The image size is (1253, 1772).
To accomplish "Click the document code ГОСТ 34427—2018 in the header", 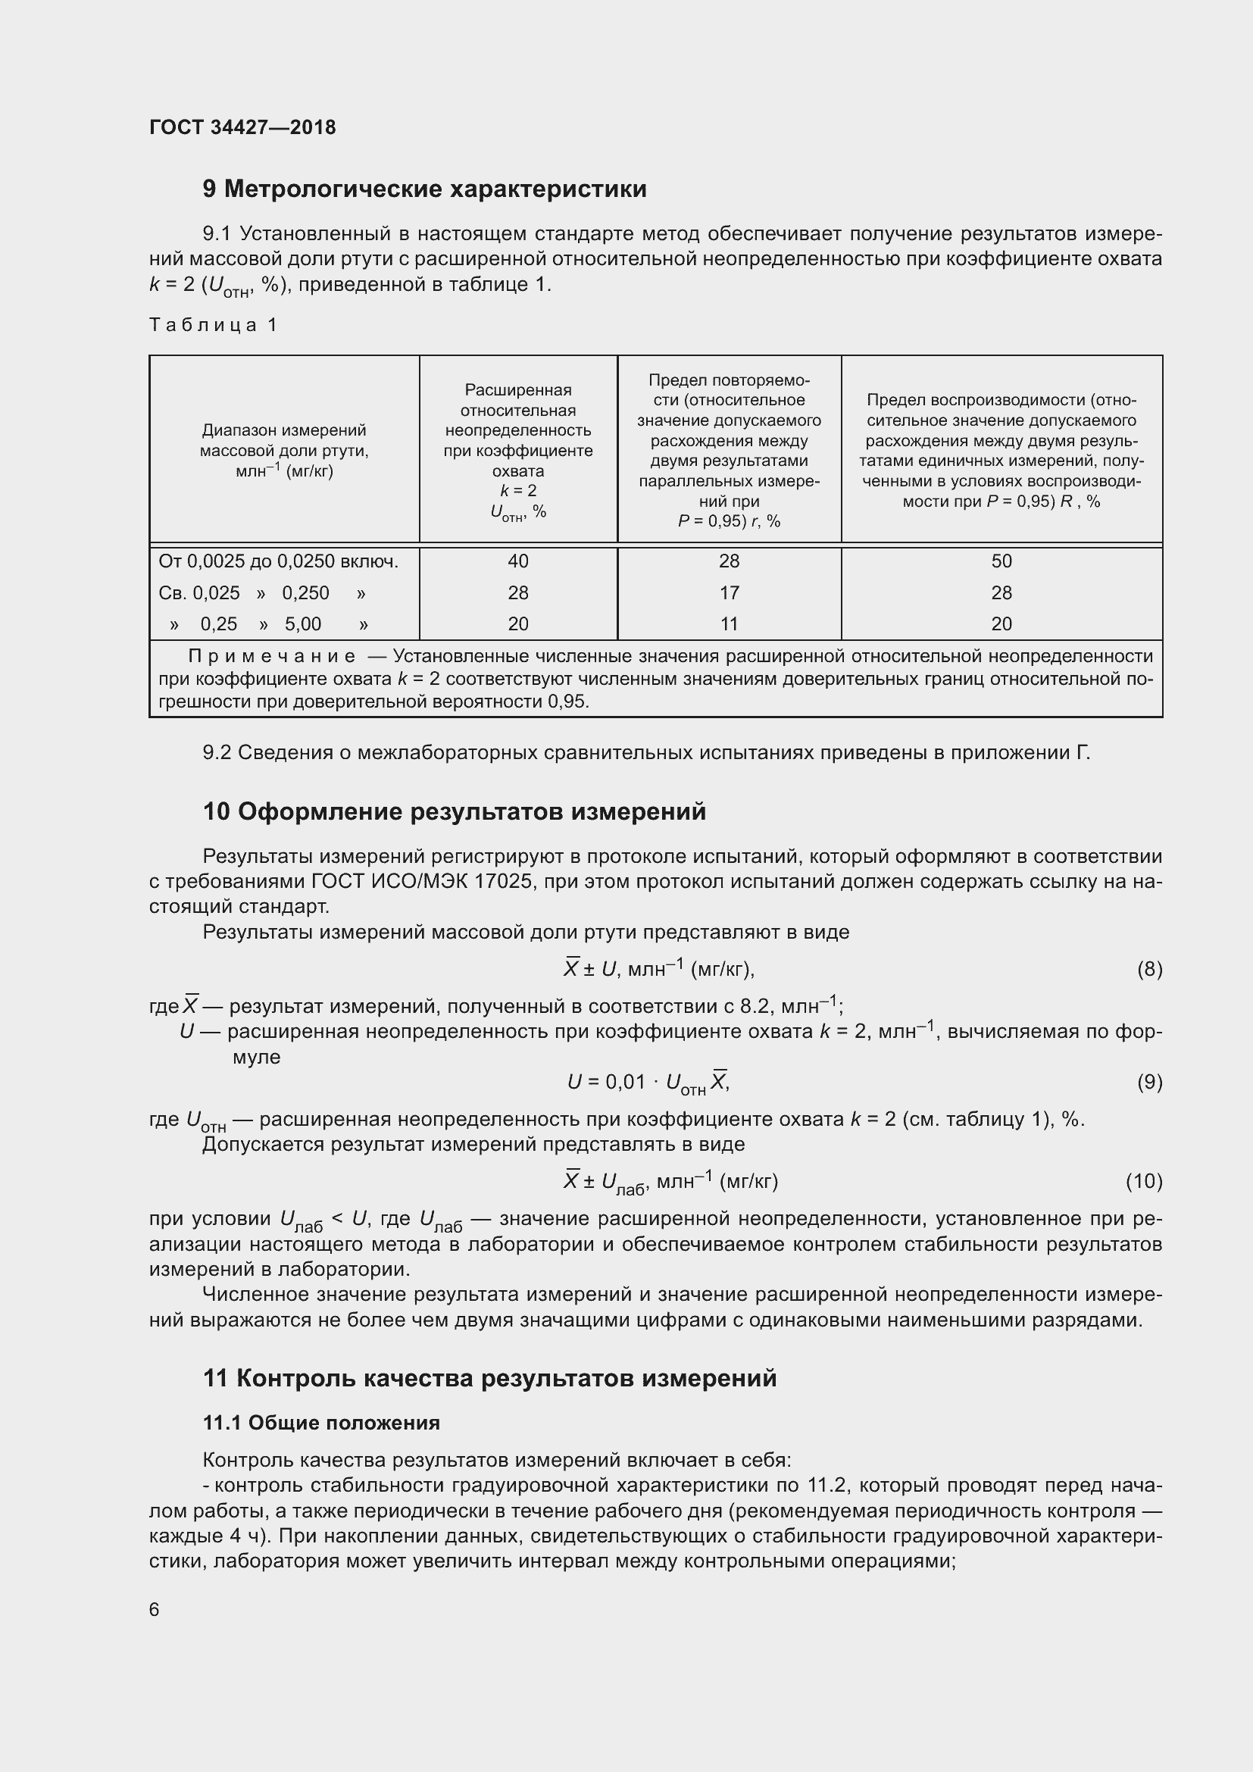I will [x=242, y=127].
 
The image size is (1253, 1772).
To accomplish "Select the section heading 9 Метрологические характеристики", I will [x=424, y=189].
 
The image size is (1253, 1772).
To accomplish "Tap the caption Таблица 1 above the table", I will [x=213, y=325].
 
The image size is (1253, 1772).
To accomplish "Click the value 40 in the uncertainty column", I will [x=517, y=561].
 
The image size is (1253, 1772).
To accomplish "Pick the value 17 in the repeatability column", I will [x=729, y=592].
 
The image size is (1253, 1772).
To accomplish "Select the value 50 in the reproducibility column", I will [x=1001, y=561].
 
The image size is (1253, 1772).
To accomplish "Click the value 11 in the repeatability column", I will [x=729, y=623].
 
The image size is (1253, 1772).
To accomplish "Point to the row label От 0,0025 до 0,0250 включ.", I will [x=279, y=561].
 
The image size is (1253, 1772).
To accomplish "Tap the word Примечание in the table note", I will [x=273, y=656].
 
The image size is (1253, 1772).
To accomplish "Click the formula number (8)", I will [x=1149, y=970].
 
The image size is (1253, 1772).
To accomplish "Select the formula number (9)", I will [x=1149, y=1083].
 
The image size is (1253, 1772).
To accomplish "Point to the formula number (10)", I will [x=1143, y=1181].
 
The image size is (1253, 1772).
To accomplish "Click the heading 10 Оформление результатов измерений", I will [x=455, y=812].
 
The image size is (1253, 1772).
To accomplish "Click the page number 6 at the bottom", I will [x=155, y=1609].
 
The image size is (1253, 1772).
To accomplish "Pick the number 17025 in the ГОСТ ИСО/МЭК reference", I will [x=510, y=881].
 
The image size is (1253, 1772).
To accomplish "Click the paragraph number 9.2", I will [x=217, y=752].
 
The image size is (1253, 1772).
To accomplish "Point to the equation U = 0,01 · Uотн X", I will [x=648, y=1083].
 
